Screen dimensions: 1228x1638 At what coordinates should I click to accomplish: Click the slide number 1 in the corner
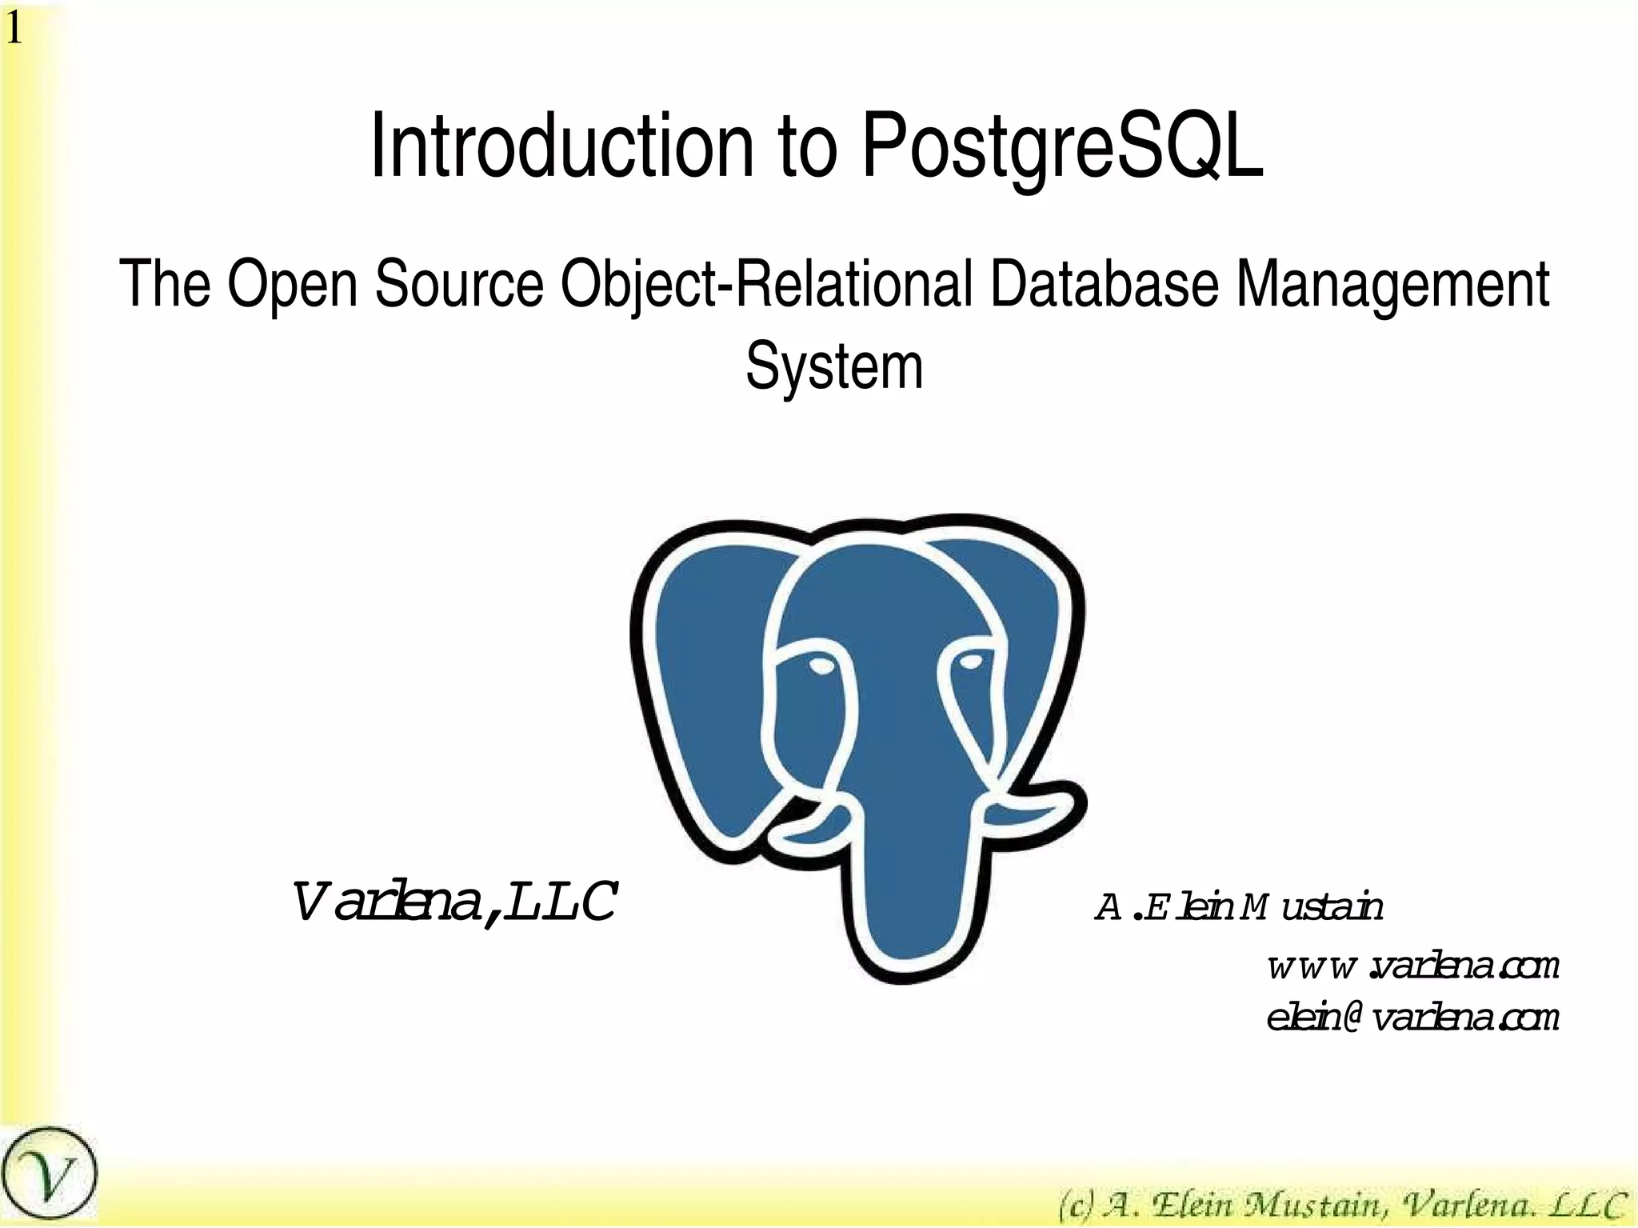coord(14,30)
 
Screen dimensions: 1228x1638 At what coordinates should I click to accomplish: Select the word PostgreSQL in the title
coord(1062,148)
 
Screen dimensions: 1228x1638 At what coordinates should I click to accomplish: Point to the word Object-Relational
coord(766,284)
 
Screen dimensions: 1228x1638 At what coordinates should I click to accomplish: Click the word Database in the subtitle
coord(1104,284)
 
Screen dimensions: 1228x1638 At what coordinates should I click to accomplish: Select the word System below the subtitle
coord(834,366)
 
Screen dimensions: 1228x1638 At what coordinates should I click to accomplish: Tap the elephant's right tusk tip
coord(1068,808)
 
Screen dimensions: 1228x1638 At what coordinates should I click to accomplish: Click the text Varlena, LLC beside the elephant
coord(453,903)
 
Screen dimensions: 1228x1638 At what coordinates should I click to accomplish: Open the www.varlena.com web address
coord(1413,967)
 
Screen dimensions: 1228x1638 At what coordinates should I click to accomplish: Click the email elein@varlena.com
coord(1413,1018)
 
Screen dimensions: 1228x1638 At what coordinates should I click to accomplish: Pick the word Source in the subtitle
coord(459,284)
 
